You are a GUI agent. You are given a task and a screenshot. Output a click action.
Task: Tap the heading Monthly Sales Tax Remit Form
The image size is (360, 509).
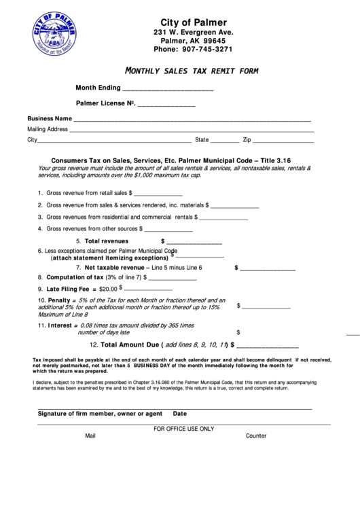[192, 71]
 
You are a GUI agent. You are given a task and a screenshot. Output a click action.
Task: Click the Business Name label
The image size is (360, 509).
[50, 118]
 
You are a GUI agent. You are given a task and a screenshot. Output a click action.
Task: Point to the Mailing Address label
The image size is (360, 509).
[48, 129]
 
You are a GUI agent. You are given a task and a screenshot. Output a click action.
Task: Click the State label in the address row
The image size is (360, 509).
[202, 140]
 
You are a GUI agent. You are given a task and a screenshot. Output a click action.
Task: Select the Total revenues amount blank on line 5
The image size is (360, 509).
[194, 242]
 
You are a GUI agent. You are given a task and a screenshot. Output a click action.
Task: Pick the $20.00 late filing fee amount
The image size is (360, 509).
[108, 289]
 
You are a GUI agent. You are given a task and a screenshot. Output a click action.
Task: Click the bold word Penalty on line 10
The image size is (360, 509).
[59, 300]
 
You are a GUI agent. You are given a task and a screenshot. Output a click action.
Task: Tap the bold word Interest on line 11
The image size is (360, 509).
[60, 326]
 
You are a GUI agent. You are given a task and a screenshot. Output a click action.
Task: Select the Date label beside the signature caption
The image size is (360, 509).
[180, 414]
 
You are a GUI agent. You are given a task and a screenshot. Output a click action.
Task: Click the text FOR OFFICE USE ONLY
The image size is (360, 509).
[183, 429]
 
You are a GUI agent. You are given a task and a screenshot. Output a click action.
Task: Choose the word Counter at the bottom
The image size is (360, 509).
[256, 436]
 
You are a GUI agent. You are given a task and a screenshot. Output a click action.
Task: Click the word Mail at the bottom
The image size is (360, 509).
[91, 436]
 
